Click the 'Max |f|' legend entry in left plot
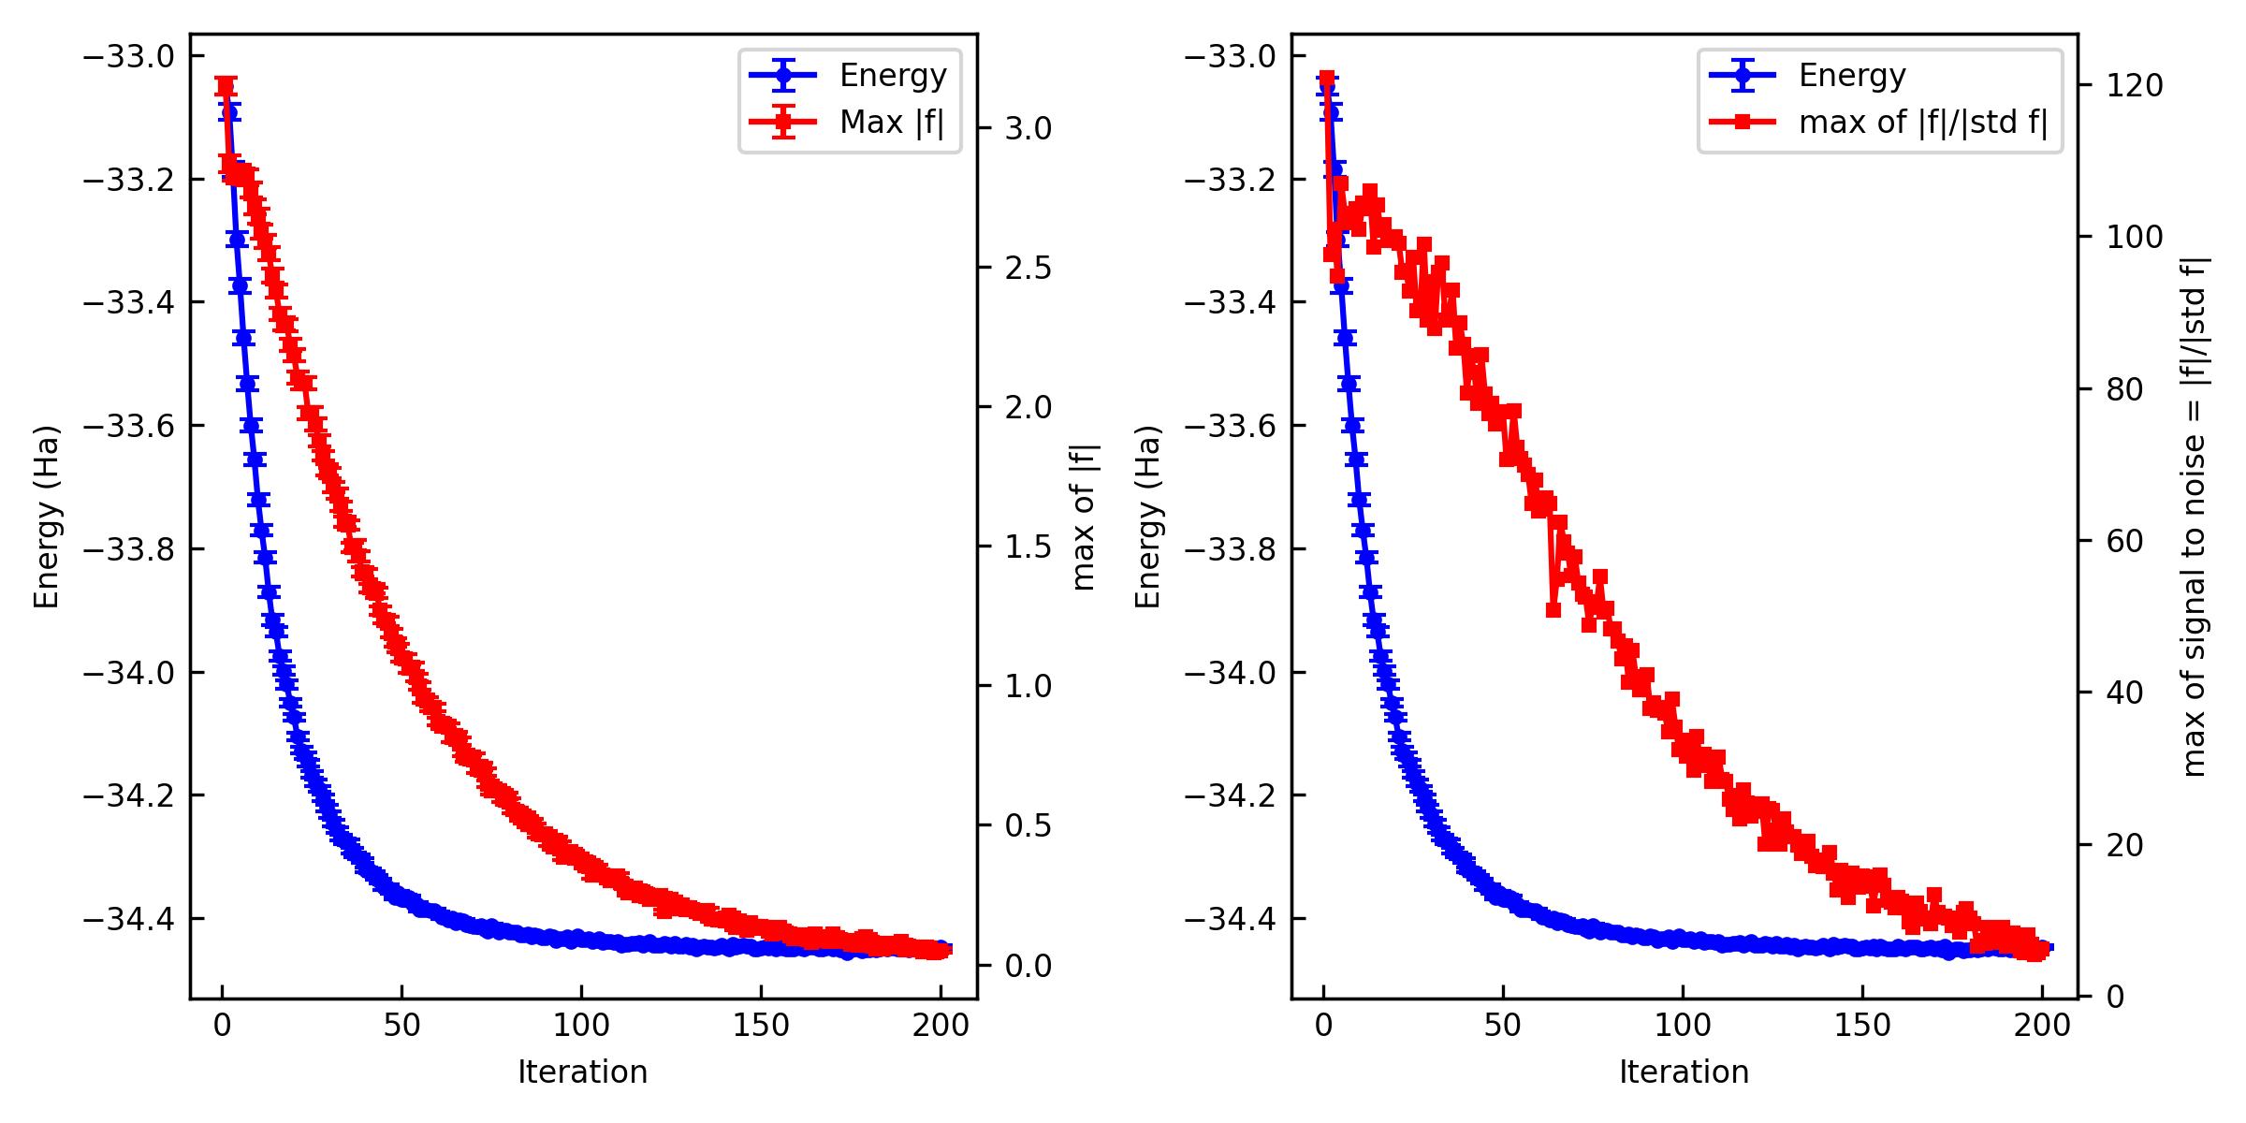click(x=891, y=123)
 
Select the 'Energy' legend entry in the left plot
click(x=892, y=76)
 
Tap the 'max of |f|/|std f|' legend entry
click(x=1922, y=123)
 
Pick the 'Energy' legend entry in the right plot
click(x=1851, y=76)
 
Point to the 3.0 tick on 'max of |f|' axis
click(x=1028, y=128)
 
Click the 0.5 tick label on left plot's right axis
click(x=1028, y=826)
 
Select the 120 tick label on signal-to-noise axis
click(x=2135, y=85)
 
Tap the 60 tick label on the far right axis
click(x=2125, y=541)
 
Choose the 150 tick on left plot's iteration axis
click(x=761, y=1026)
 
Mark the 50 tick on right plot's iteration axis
click(x=1502, y=1026)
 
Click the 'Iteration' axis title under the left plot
click(x=582, y=1072)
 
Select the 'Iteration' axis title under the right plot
click(x=1684, y=1072)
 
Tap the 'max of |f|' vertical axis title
click(x=1084, y=517)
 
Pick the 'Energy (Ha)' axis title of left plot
click(x=47, y=517)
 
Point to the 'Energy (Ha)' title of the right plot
click(x=1148, y=517)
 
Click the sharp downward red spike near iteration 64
click(x=1553, y=609)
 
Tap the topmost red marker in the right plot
click(x=1326, y=78)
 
